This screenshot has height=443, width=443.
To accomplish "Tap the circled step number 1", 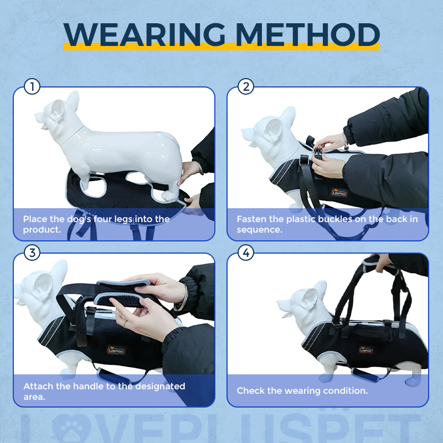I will (x=33, y=87).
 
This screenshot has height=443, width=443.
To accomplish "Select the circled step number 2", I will (x=246, y=87).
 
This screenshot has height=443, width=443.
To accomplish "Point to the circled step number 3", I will (x=33, y=253).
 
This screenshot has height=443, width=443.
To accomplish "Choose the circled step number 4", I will (x=246, y=253).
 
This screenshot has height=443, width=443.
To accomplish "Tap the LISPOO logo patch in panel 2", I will (x=338, y=192).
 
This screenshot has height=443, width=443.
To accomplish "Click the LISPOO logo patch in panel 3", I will (x=116, y=349).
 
